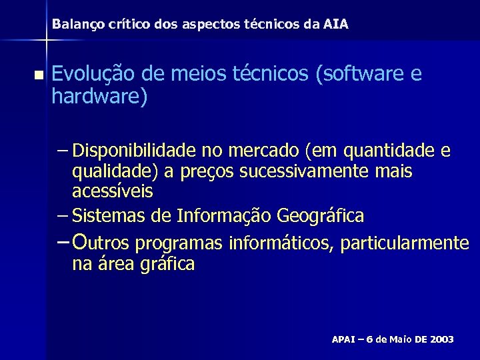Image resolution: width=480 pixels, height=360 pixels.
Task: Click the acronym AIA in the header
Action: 335,25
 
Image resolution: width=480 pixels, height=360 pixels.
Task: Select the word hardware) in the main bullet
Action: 99,97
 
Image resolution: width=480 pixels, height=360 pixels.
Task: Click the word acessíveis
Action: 113,191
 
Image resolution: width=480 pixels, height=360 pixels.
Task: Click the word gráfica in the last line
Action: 167,265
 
